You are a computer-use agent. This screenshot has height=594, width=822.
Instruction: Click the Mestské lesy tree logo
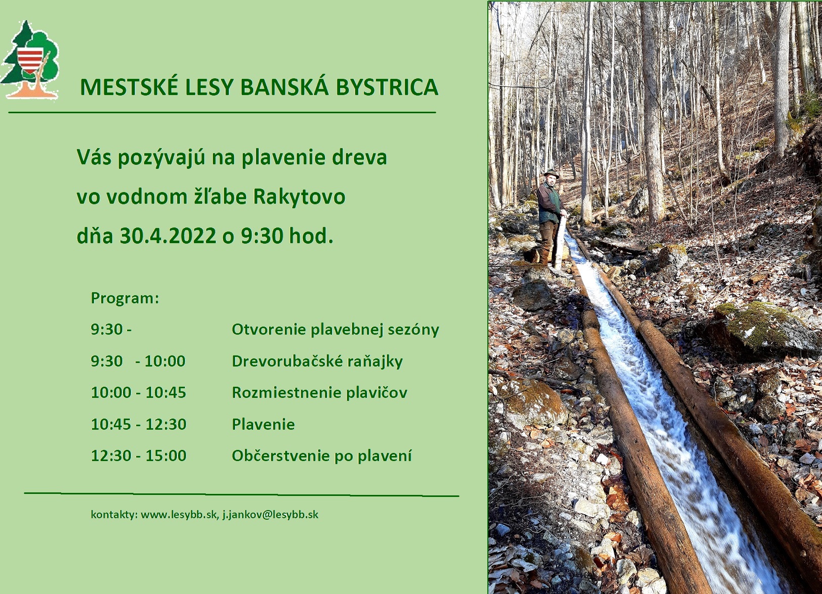click(30, 60)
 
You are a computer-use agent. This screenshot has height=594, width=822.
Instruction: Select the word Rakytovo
click(299, 197)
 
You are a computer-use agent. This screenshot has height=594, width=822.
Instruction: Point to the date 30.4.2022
click(168, 236)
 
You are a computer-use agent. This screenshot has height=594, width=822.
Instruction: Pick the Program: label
click(125, 298)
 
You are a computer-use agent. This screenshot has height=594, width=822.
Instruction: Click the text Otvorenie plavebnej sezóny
click(335, 330)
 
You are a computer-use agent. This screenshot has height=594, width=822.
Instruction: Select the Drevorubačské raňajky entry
click(317, 361)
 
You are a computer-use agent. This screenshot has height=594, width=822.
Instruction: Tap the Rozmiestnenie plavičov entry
click(319, 393)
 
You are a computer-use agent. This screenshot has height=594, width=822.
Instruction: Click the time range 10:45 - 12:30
click(139, 424)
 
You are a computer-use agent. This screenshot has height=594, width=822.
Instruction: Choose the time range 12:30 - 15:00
click(139, 455)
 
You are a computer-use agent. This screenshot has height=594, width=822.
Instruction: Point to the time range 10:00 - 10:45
click(139, 393)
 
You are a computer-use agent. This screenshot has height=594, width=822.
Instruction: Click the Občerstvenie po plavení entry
click(322, 455)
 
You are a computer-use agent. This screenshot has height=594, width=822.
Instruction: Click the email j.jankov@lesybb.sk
click(270, 515)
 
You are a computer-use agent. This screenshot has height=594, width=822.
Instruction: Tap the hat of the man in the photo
click(551, 173)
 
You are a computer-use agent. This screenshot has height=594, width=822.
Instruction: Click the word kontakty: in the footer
click(114, 515)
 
